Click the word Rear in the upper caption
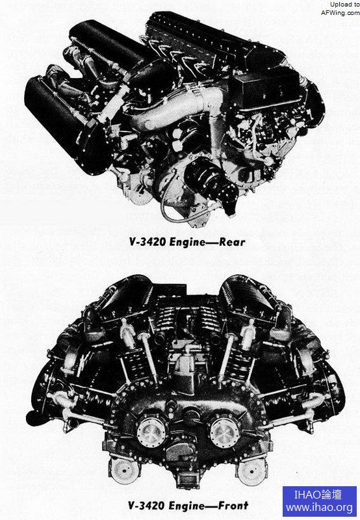tap(232, 242)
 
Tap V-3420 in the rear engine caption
tap(148, 242)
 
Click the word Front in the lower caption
tap(233, 506)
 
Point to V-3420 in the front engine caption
tap(147, 506)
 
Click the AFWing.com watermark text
tap(340, 12)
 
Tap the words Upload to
tap(345, 5)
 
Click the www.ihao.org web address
tap(319, 508)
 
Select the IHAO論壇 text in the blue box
tap(318, 495)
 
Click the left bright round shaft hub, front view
tap(152, 432)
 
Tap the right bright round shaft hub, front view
tap(224, 432)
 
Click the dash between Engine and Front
tap(211, 506)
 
